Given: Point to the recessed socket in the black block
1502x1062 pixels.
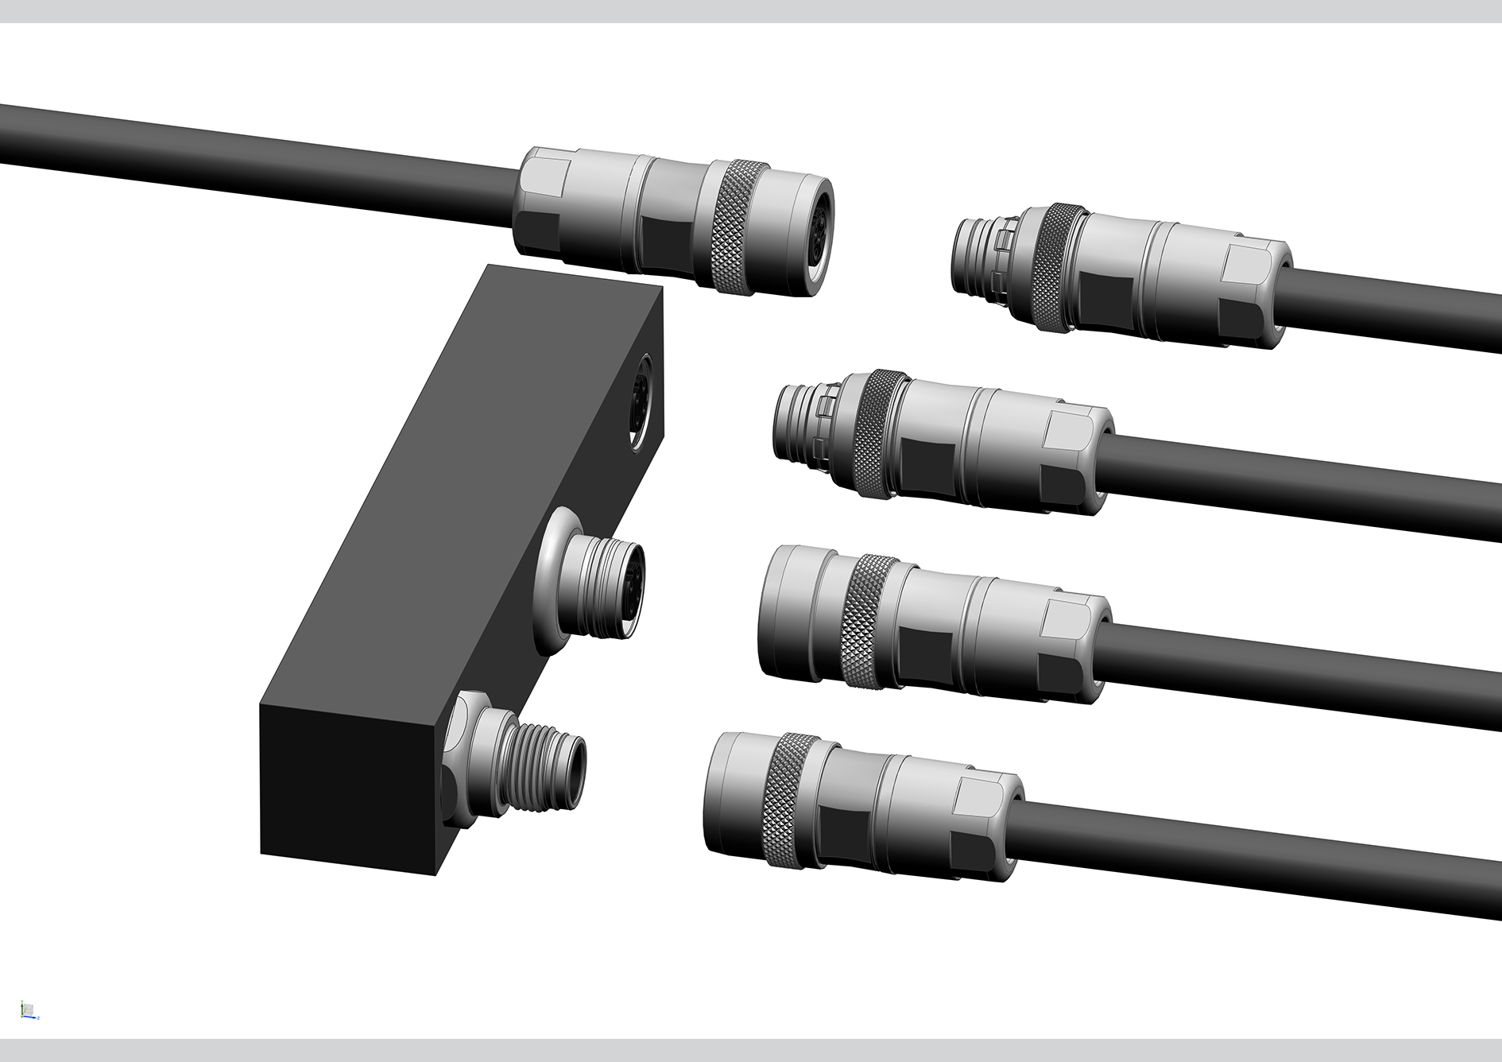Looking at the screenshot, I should coord(640,401).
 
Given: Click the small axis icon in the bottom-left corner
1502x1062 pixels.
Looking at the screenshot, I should coord(29,1010).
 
